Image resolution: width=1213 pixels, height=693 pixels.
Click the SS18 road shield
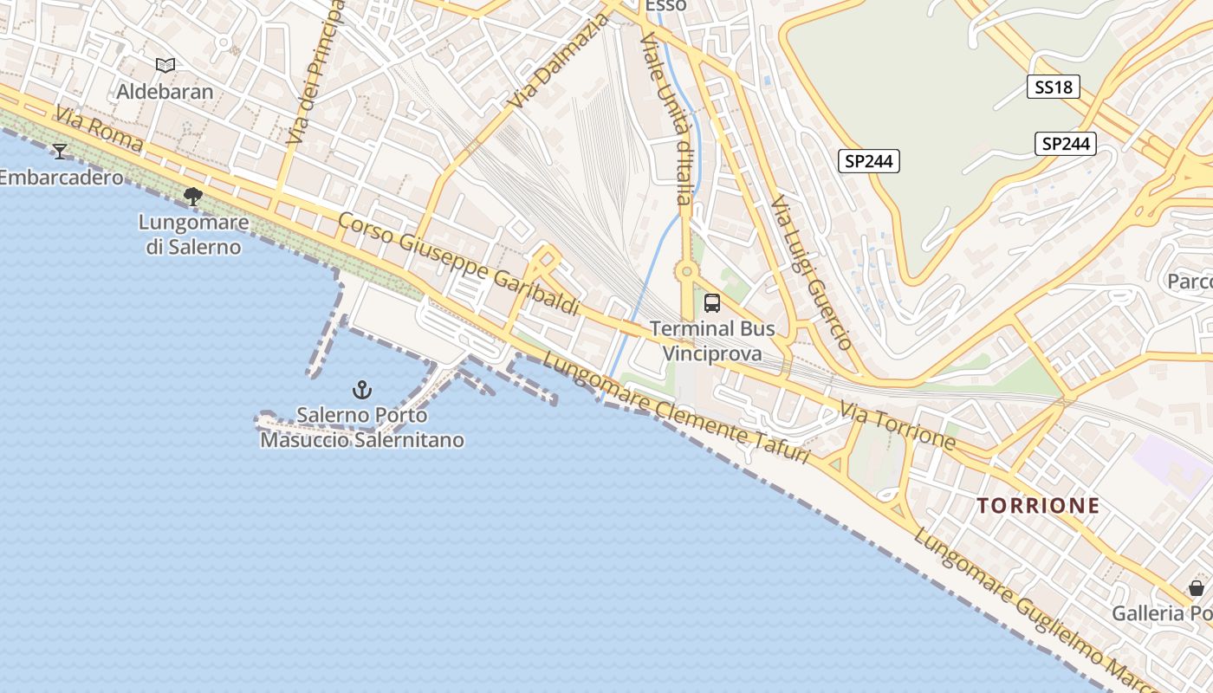pyautogui.click(x=1054, y=87)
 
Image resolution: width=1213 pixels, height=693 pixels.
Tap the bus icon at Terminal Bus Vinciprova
pyautogui.click(x=711, y=303)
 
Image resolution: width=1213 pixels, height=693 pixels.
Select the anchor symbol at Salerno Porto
pyautogui.click(x=362, y=390)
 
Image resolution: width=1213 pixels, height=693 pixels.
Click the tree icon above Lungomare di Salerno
pyautogui.click(x=193, y=197)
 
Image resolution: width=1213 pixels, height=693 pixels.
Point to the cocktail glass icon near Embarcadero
pyautogui.click(x=60, y=152)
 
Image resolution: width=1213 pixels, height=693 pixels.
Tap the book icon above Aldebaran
pyautogui.click(x=165, y=65)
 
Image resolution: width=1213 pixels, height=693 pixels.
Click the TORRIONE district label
pyautogui.click(x=1038, y=506)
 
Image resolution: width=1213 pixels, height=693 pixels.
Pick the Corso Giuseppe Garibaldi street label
pyautogui.click(x=458, y=263)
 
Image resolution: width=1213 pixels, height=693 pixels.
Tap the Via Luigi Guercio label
pyautogui.click(x=810, y=273)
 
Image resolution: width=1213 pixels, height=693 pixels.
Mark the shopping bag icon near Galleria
pyautogui.click(x=1196, y=589)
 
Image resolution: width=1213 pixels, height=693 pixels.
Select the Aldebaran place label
pyautogui.click(x=165, y=91)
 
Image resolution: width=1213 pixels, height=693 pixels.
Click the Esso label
pyautogui.click(x=666, y=6)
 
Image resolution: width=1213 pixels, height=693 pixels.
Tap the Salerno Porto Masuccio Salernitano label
pyautogui.click(x=362, y=428)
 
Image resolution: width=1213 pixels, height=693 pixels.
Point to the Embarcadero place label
pyautogui.click(x=60, y=178)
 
